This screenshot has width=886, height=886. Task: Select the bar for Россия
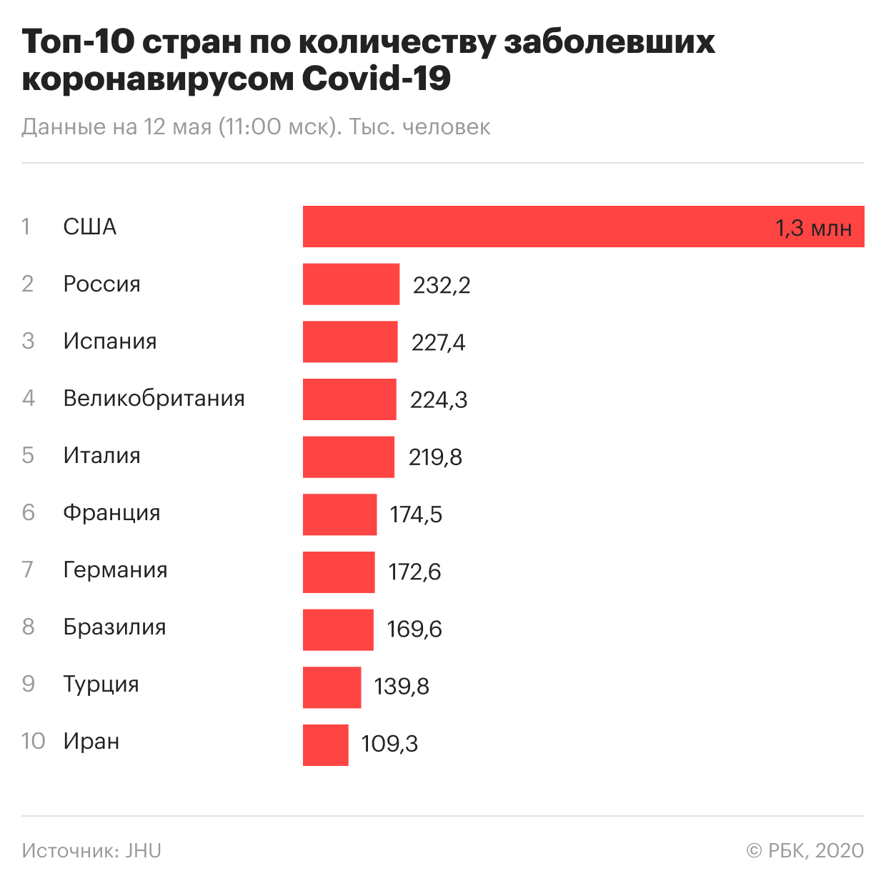click(351, 284)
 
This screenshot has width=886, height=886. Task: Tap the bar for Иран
click(325, 745)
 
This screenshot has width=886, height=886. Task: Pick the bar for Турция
click(332, 687)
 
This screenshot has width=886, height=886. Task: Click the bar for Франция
click(339, 514)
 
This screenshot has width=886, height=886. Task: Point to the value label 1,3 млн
click(813, 229)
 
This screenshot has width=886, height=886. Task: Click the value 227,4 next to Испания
click(438, 343)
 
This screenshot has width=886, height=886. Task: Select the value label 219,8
click(435, 457)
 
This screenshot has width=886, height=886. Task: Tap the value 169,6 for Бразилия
click(414, 629)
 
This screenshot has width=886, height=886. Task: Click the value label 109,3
click(389, 744)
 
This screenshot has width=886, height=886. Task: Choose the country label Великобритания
click(154, 398)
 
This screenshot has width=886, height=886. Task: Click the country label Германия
click(115, 570)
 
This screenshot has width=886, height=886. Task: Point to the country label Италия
click(101, 455)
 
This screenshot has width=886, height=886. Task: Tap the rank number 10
click(33, 741)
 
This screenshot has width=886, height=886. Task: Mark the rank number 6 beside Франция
click(28, 512)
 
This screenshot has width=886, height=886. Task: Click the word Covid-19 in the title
click(376, 78)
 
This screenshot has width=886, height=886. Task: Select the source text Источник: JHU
click(91, 851)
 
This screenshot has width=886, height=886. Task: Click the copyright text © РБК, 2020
click(805, 851)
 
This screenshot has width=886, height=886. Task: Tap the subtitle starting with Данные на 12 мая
click(256, 127)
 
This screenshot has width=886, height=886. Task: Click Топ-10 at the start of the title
click(77, 41)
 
